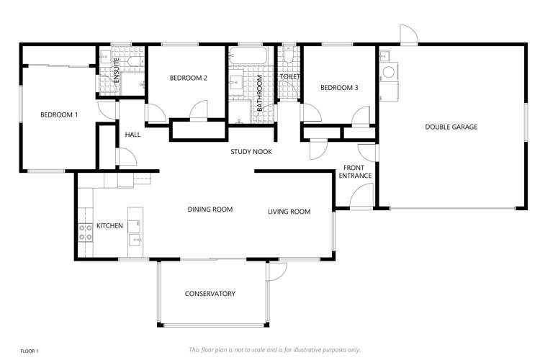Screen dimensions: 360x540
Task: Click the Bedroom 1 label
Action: point(59,114)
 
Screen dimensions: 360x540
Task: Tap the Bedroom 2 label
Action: point(189,78)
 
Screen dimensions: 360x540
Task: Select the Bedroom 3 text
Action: point(339,88)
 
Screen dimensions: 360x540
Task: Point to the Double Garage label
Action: point(451,127)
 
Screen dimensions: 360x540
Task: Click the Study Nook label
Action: point(251,152)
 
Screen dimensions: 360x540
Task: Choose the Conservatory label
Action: point(210,293)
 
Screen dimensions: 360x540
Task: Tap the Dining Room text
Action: point(210,210)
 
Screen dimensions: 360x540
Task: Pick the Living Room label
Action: point(289,212)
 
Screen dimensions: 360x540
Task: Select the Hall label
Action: point(133,135)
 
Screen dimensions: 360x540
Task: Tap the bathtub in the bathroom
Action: point(248,57)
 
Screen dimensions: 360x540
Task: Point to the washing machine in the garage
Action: point(389,72)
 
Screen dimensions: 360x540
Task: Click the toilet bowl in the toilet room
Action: point(287,57)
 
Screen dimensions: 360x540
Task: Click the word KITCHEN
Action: point(109,225)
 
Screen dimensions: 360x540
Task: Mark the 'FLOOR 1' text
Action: point(29,351)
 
